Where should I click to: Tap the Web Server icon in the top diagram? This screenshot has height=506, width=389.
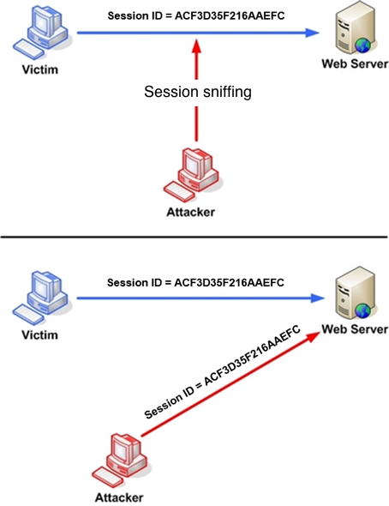[x=355, y=28]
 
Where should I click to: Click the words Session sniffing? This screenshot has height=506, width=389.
[x=198, y=92]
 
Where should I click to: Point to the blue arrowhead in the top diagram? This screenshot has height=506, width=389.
[x=312, y=33]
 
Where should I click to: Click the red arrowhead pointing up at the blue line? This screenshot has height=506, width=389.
[x=196, y=45]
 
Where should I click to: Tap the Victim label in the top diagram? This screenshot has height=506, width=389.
[x=40, y=69]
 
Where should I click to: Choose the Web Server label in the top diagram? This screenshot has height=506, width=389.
[x=355, y=63]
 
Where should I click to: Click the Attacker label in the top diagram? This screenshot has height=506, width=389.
[x=191, y=212]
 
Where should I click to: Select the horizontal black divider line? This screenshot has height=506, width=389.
[x=194, y=237]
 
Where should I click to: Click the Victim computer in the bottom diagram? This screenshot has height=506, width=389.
[x=40, y=298]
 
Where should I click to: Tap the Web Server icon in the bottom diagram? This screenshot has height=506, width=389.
[x=355, y=293]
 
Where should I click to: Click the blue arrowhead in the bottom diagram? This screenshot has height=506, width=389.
[x=317, y=298]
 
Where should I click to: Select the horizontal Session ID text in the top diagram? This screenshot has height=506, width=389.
[x=196, y=15]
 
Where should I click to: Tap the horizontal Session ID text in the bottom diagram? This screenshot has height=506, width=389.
[x=195, y=283]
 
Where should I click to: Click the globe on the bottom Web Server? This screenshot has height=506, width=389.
[x=363, y=311]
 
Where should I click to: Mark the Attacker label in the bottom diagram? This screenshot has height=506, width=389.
[x=119, y=497]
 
